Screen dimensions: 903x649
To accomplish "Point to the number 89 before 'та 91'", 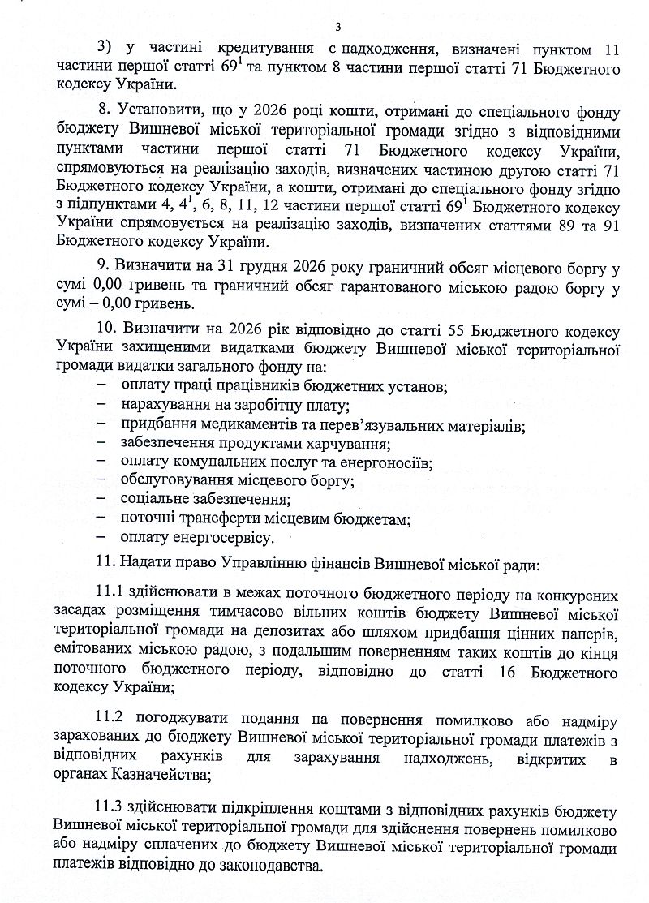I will (x=552, y=224).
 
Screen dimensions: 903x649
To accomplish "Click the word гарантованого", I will (x=360, y=286).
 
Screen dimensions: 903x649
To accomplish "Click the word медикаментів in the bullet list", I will (x=251, y=425).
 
